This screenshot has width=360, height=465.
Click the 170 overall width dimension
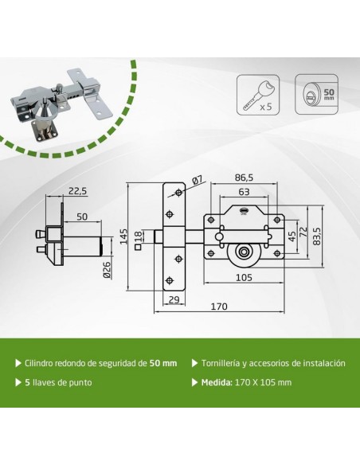(219, 307)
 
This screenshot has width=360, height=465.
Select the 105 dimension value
(245, 278)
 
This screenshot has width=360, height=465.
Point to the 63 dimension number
(244, 192)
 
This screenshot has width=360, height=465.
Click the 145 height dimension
(124, 236)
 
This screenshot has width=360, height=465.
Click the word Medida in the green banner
(218, 381)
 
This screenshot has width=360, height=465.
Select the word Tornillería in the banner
(225, 362)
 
